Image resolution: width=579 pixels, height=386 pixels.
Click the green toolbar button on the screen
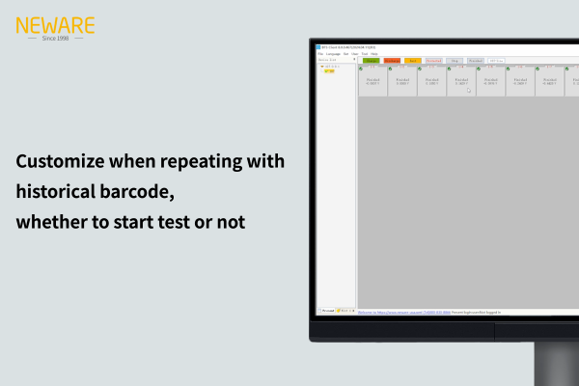tap(371, 60)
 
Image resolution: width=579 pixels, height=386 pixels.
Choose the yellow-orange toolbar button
tap(413, 60)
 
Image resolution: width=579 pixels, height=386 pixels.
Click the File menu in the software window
tap(320, 53)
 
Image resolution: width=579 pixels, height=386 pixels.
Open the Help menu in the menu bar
tap(374, 53)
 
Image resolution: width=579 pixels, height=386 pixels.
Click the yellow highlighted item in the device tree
tap(329, 71)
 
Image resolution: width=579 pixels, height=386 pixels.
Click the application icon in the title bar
tap(318, 46)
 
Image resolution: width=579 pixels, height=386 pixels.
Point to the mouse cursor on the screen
tap(468, 90)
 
